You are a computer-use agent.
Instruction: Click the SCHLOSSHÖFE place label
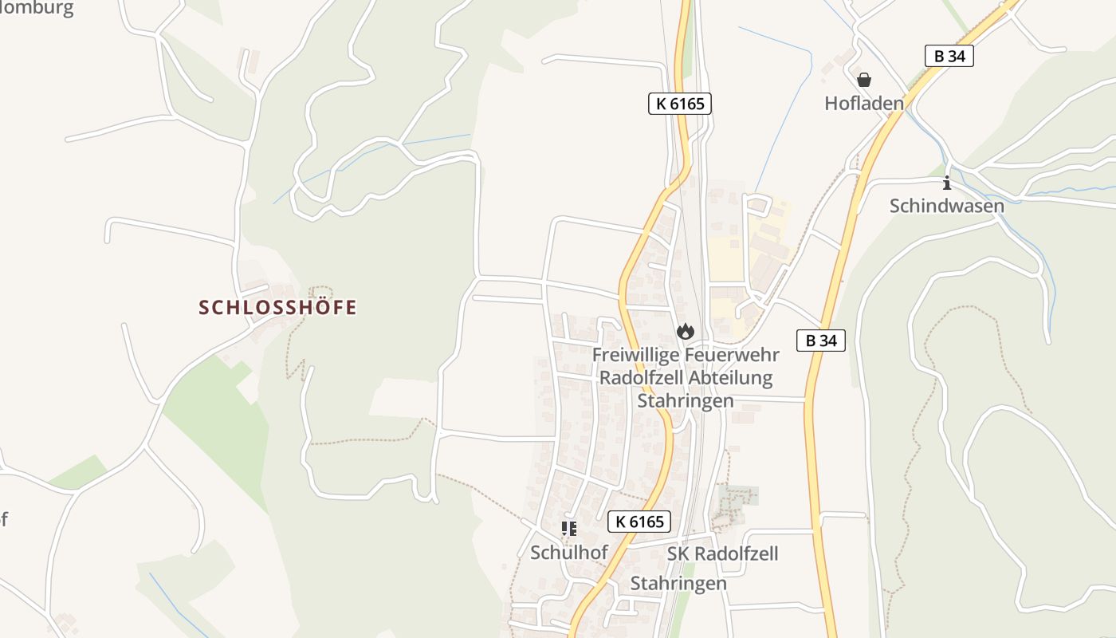(x=277, y=307)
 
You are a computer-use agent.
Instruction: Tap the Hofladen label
(x=864, y=103)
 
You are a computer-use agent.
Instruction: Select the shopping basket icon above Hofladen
(x=864, y=80)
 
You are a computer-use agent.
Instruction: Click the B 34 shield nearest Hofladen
(x=949, y=56)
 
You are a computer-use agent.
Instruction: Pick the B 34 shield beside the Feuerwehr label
(x=821, y=341)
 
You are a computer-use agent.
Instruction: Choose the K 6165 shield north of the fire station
(x=679, y=104)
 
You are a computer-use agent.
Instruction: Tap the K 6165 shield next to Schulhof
(x=639, y=522)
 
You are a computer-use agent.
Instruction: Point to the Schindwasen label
(x=947, y=206)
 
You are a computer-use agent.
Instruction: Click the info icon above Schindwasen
(x=947, y=183)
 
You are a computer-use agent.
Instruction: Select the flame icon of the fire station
(x=686, y=331)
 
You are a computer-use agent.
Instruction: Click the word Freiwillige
(x=634, y=354)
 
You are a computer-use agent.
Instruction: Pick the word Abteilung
(x=733, y=377)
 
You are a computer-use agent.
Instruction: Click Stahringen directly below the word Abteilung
(x=686, y=400)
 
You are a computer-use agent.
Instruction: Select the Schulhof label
(x=569, y=552)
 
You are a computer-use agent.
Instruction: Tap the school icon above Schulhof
(x=569, y=529)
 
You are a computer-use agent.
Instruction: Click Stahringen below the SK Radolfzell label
(x=678, y=583)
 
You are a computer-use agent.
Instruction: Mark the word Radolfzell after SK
(x=735, y=553)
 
